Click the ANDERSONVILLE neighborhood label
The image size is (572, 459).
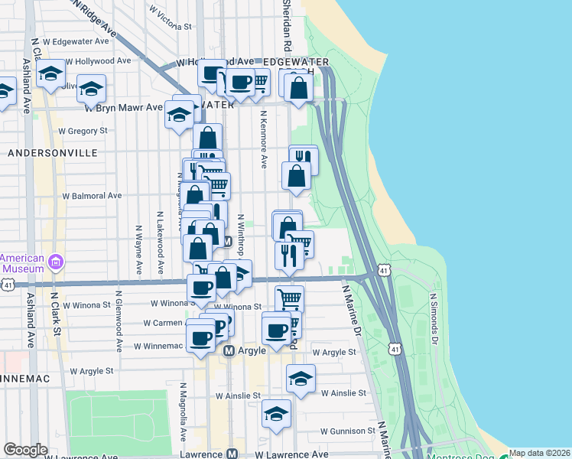coord(52,153)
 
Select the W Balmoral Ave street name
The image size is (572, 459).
coord(92,196)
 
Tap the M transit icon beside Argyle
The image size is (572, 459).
coord(229,351)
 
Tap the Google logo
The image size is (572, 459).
coord(25,450)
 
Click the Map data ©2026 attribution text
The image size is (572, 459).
coord(540,453)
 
